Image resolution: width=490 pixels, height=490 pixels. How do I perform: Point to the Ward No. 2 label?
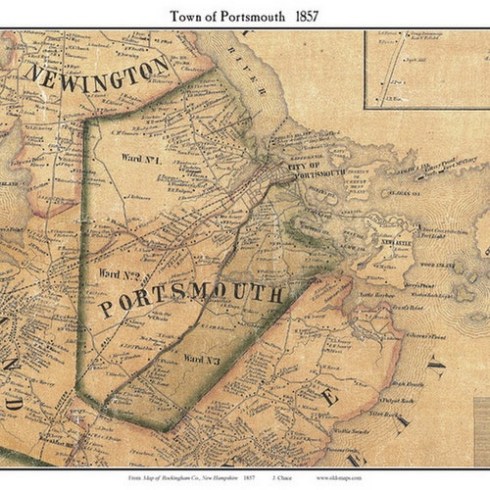click(119, 277)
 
